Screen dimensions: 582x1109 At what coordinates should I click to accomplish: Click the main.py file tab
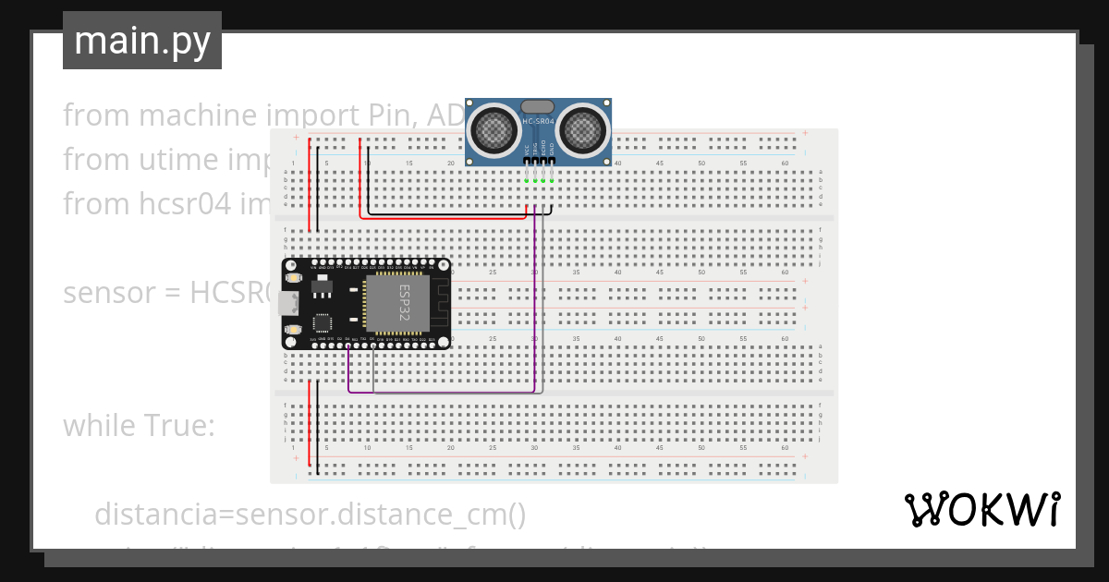click(x=141, y=41)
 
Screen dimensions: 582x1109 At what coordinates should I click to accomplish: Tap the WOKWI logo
click(x=981, y=510)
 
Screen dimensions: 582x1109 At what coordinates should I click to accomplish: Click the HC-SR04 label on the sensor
click(x=538, y=122)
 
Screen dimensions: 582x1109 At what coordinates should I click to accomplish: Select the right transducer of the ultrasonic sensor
click(x=581, y=130)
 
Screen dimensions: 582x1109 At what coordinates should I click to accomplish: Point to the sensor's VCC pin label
click(x=526, y=149)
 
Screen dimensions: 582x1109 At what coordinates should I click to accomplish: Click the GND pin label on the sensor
click(x=553, y=149)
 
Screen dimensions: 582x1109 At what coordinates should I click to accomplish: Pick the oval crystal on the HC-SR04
click(x=538, y=107)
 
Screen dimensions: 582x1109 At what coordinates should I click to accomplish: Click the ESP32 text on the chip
click(x=404, y=302)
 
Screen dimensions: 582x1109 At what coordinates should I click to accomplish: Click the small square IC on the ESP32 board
click(x=323, y=322)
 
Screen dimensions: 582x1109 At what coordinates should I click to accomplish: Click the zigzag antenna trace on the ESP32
click(x=441, y=302)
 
